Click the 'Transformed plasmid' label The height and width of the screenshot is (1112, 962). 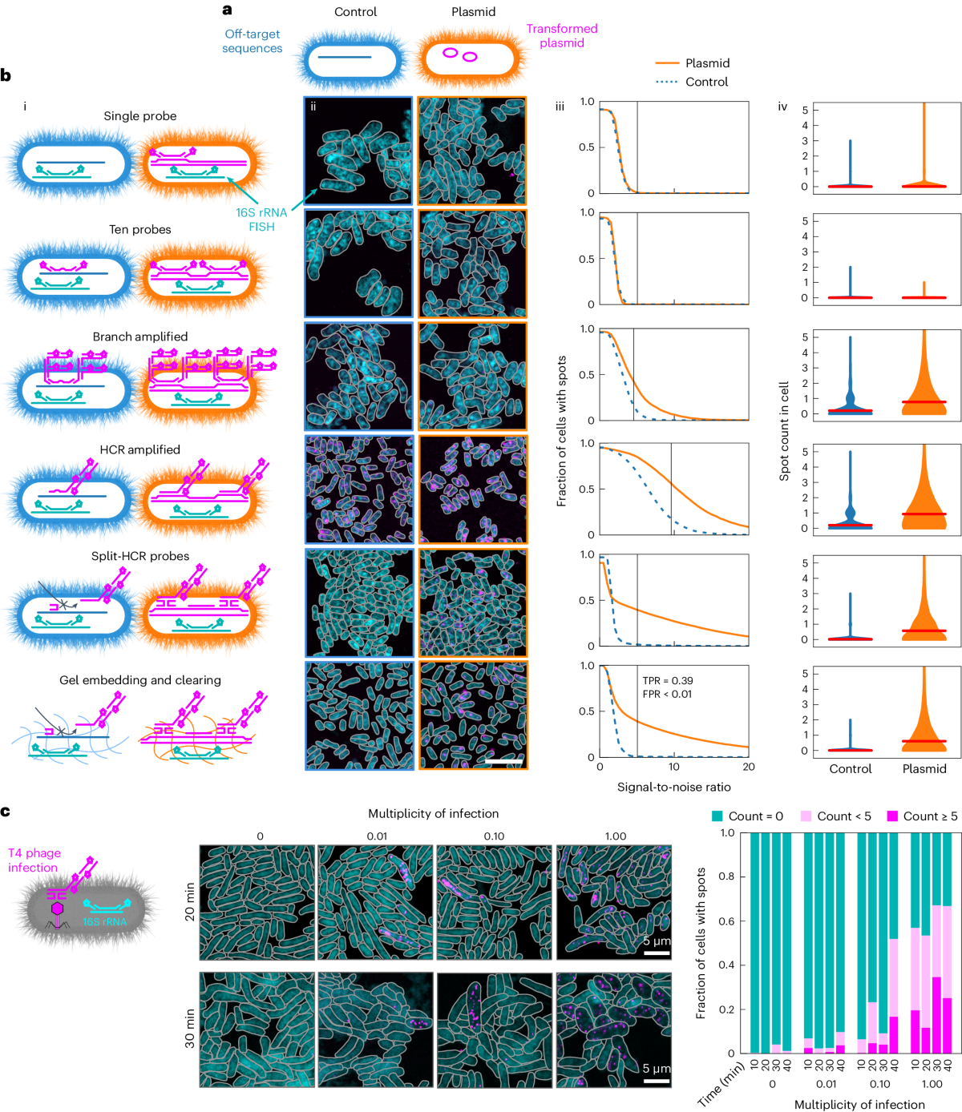(x=561, y=36)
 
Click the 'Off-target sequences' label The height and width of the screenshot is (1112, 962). (x=252, y=41)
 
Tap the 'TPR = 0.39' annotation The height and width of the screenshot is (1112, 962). (x=668, y=681)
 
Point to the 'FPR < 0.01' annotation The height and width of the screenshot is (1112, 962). (x=667, y=695)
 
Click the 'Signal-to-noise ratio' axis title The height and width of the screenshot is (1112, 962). (x=673, y=788)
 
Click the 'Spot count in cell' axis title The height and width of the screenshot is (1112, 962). (x=784, y=431)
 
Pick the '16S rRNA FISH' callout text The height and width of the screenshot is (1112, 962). (x=261, y=220)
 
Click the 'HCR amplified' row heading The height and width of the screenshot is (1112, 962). (x=140, y=450)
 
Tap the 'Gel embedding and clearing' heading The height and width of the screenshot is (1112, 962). (x=140, y=680)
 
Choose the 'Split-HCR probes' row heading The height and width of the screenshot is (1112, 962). (x=140, y=557)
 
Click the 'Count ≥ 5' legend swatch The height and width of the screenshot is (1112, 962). (x=892, y=816)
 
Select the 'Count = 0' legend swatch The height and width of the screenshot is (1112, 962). (x=717, y=816)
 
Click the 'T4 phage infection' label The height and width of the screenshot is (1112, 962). (x=34, y=860)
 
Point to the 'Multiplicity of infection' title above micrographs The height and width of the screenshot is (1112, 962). (x=433, y=814)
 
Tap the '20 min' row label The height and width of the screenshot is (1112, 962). (x=190, y=901)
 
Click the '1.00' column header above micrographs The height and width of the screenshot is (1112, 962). (x=615, y=836)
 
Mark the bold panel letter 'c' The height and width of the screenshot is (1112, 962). (x=6, y=812)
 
